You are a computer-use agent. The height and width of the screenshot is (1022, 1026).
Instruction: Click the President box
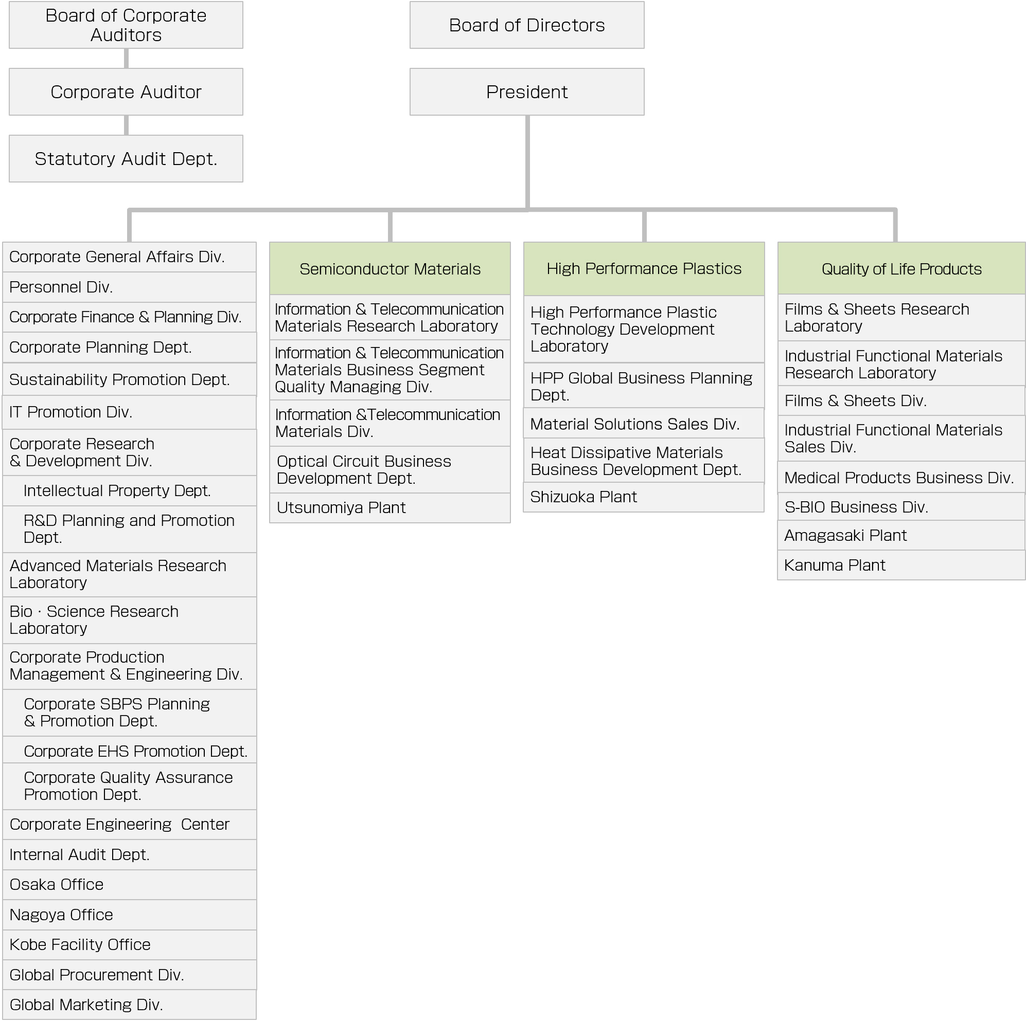(527, 92)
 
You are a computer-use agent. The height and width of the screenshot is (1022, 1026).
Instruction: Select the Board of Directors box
(527, 25)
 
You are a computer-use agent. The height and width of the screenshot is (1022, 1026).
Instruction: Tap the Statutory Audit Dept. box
(126, 159)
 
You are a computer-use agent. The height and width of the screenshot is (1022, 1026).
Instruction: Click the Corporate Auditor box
(126, 92)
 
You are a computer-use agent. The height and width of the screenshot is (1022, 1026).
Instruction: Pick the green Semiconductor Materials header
(390, 268)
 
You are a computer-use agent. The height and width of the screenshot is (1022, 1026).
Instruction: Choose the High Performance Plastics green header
(644, 268)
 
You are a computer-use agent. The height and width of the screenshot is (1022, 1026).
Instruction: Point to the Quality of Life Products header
(901, 268)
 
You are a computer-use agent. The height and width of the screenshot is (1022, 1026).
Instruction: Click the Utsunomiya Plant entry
(390, 508)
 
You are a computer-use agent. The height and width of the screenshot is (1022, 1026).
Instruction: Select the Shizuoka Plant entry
(644, 497)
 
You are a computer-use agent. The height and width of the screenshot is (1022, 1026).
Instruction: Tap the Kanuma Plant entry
(901, 565)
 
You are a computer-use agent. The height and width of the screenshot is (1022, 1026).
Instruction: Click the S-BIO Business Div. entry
(901, 507)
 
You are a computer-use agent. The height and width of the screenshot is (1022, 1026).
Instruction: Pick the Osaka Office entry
(130, 885)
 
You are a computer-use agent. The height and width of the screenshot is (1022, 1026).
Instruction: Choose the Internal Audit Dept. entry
(130, 855)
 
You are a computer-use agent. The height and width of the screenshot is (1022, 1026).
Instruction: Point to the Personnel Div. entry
(130, 287)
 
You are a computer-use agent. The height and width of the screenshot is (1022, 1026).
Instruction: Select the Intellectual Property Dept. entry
(130, 491)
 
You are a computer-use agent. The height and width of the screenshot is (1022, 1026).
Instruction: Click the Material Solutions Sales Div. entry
(644, 424)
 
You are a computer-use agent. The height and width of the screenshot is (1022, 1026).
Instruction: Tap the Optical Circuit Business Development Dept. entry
(390, 469)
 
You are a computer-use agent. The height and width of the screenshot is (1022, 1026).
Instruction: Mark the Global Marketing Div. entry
(130, 1005)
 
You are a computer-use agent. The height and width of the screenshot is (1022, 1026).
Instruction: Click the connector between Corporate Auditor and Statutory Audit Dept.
(126, 125)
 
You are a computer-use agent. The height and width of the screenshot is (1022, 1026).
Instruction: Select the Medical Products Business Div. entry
(901, 478)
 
